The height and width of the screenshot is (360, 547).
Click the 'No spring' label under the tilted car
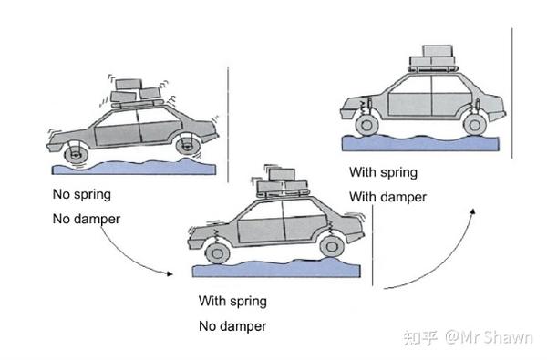tap(82, 194)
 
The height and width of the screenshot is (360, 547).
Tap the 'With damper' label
tap(388, 197)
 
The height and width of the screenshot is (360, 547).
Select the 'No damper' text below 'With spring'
tap(232, 326)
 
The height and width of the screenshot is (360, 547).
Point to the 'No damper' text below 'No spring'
tap(87, 219)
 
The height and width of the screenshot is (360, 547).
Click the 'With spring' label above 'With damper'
tap(384, 172)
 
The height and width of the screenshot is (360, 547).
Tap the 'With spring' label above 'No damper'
tap(232, 301)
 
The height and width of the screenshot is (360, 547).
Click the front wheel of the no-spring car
tap(76, 154)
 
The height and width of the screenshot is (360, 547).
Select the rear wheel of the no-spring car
tap(189, 146)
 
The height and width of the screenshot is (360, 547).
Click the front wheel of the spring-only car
tap(218, 253)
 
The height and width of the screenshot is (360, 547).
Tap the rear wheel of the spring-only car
tap(332, 246)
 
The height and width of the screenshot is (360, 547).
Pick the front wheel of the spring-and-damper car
tap(367, 125)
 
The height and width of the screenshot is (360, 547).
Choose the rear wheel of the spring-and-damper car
tap(475, 125)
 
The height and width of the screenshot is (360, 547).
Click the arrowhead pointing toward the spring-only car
tap(170, 273)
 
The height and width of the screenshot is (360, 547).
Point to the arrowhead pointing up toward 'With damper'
tap(472, 211)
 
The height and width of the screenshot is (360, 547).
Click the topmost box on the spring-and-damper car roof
tap(438, 51)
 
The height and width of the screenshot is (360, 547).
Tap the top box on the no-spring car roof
tap(129, 85)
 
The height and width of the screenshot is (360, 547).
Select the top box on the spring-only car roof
tap(282, 174)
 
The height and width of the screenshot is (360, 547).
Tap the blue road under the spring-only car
tap(276, 268)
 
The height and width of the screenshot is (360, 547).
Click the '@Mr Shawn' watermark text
tap(489, 338)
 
